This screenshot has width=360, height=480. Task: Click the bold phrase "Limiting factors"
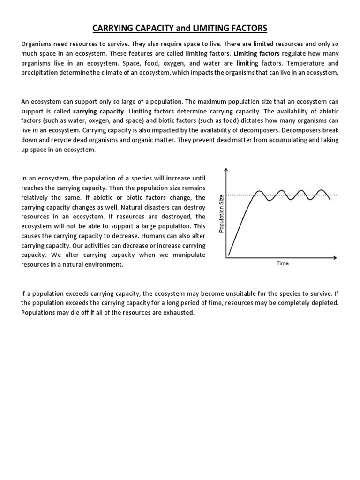256,53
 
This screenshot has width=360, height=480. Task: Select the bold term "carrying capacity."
99,111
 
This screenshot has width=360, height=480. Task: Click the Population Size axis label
222,213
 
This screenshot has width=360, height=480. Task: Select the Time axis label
283,263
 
